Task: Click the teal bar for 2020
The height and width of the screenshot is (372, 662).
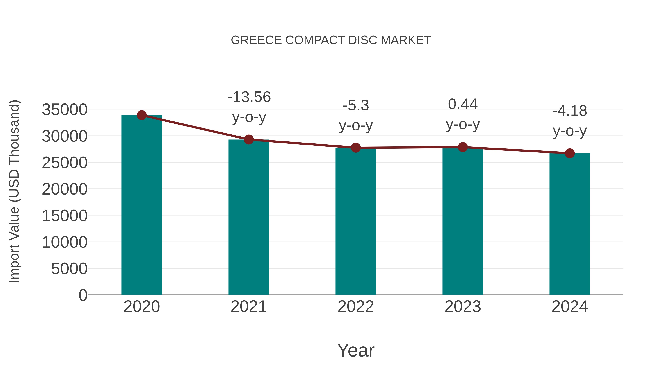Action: tap(142, 205)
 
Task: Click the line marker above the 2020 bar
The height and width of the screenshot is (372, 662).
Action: tap(142, 115)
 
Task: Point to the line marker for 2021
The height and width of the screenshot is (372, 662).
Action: tap(249, 140)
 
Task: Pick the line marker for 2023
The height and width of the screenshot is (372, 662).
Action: tap(463, 147)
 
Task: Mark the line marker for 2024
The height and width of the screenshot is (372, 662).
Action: tap(570, 153)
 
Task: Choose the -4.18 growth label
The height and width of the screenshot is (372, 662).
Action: tap(570, 111)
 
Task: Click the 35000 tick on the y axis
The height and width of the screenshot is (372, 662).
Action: tap(65, 110)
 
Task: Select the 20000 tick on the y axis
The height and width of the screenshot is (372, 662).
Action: tap(65, 189)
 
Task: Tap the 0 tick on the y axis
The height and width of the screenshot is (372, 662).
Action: tap(83, 295)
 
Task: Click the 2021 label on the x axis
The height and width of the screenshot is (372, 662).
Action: tap(249, 307)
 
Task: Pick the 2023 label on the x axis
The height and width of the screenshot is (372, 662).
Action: tap(463, 307)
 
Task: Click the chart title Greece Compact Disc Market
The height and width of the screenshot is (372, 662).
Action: tap(331, 40)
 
